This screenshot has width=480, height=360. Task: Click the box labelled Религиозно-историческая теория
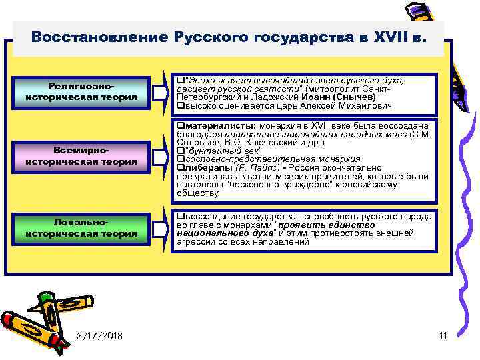[81, 92]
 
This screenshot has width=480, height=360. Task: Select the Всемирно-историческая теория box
[81, 156]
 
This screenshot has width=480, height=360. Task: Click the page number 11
[443, 335]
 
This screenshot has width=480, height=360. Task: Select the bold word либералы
[206, 168]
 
